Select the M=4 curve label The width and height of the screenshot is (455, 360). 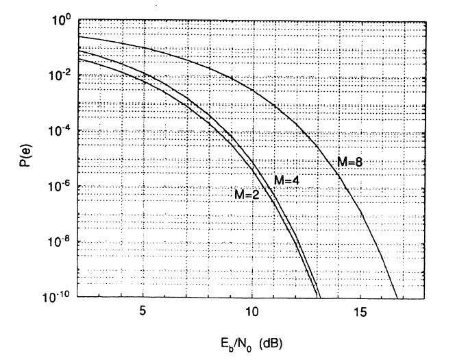point(288,180)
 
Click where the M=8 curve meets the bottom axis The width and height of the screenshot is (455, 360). point(397,297)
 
